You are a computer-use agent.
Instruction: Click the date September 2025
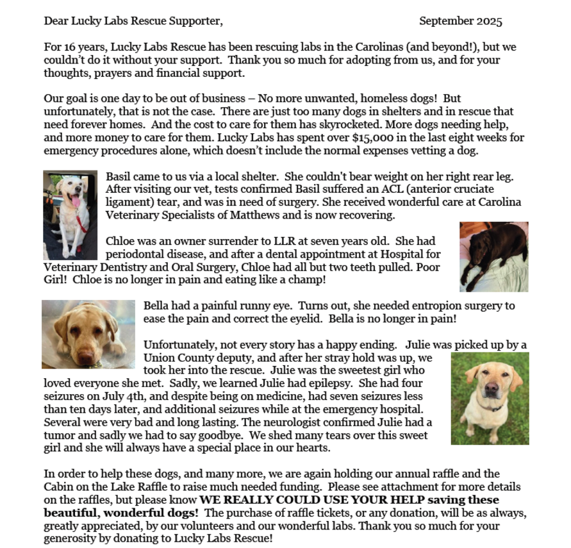(460, 21)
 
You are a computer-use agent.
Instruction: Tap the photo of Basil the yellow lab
(70, 215)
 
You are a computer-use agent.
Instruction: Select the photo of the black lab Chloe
(493, 256)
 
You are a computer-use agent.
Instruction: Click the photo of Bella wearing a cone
(88, 334)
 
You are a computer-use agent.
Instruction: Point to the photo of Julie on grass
(490, 398)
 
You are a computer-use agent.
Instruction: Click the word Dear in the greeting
(56, 21)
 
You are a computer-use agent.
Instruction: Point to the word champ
(309, 280)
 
